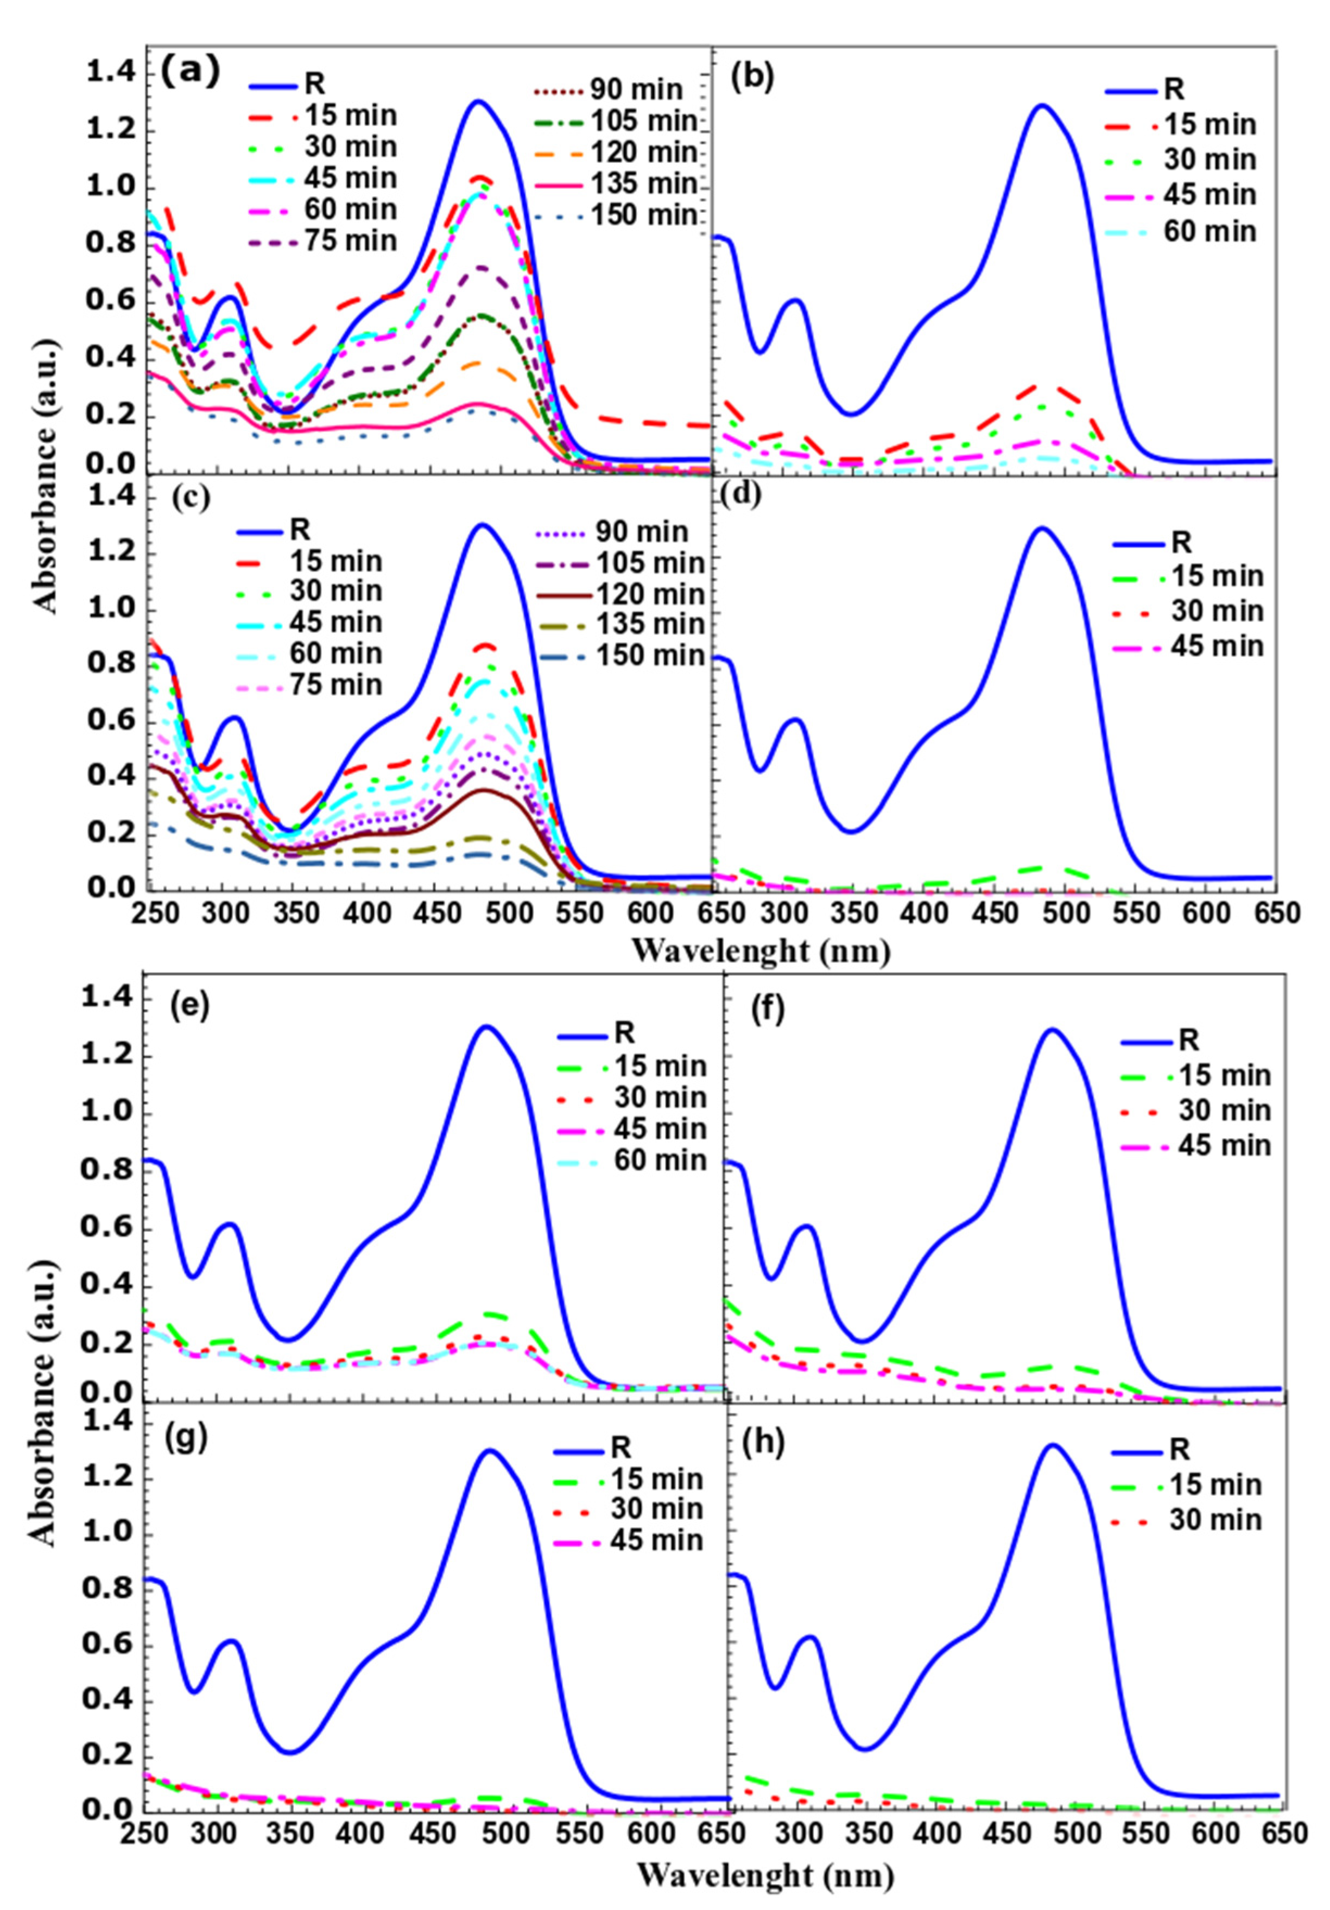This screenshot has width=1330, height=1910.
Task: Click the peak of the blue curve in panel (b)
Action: pos(1040,106)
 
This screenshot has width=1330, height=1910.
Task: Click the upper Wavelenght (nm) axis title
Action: pos(761,949)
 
